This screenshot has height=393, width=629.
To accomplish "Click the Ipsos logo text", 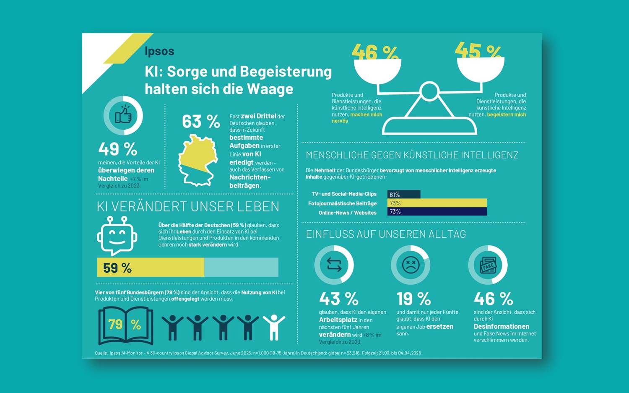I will click(x=159, y=51).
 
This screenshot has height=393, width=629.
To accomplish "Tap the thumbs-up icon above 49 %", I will click(x=123, y=115).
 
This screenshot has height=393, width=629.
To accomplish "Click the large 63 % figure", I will click(x=201, y=122).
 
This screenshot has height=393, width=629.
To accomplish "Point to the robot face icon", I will click(x=117, y=235).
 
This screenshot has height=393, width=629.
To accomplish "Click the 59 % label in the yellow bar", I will click(x=117, y=268).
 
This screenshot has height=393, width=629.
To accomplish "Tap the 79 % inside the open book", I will click(x=125, y=324).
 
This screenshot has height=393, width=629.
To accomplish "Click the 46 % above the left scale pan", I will click(x=375, y=53).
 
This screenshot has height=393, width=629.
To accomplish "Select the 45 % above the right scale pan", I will click(x=478, y=51).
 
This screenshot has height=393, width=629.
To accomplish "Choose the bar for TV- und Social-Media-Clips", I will click(x=404, y=194).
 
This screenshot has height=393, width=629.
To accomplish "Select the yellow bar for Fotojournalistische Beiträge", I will click(x=437, y=203).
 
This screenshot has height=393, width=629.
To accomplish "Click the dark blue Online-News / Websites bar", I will click(x=437, y=212).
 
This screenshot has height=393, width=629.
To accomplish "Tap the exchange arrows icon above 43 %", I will click(x=334, y=265).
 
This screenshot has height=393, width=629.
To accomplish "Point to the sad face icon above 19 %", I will click(x=411, y=265).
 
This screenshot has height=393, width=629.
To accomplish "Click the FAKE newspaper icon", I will click(x=488, y=265).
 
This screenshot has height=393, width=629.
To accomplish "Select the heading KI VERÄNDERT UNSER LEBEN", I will click(x=188, y=206).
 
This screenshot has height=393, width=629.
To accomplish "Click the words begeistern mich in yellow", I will click(x=506, y=115).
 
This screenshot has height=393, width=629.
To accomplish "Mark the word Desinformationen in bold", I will click(x=501, y=326).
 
